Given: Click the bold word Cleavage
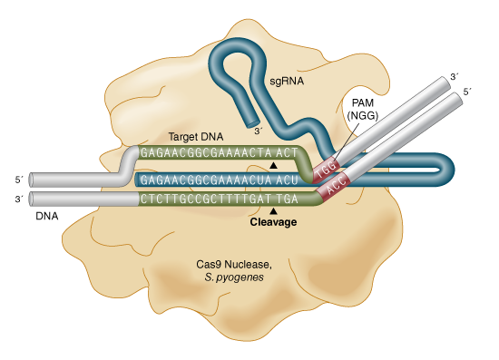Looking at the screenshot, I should [x=276, y=220].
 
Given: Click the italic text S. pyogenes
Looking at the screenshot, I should [x=234, y=278].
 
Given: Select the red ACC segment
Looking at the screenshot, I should [x=337, y=184].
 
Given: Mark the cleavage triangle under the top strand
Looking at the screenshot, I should [x=275, y=166].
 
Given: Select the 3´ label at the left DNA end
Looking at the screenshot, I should [x=20, y=198].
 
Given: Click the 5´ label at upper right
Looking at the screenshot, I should [x=467, y=92].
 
